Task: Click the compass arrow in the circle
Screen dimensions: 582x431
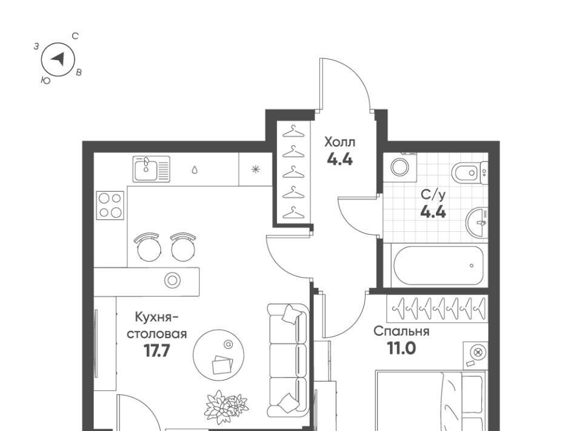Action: point(59,59)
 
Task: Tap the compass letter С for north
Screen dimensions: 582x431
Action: point(75,36)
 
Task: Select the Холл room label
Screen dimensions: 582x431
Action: point(339,142)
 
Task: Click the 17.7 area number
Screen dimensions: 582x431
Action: point(157,350)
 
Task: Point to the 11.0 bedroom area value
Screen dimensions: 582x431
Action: point(401,348)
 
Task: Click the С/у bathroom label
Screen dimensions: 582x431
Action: point(433,195)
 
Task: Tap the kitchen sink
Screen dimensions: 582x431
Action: point(152,169)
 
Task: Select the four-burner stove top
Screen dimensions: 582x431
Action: point(110,205)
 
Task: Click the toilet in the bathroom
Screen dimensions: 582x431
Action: point(469,172)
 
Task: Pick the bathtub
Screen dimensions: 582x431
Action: point(438,265)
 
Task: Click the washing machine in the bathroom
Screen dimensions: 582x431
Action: point(400,167)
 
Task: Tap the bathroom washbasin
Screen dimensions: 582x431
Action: point(477,223)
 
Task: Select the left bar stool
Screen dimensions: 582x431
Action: point(149,246)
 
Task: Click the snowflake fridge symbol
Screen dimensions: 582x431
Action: point(256,169)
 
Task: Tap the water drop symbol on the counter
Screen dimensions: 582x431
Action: point(195,170)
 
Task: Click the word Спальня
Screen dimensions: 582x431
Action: point(401,331)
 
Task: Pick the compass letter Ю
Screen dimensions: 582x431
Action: point(45,81)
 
